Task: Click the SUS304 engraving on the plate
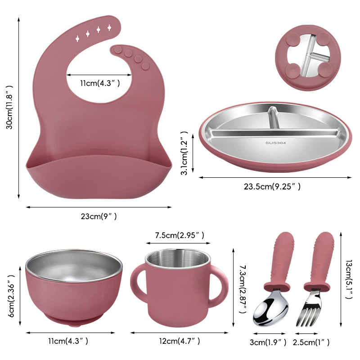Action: point(275,143)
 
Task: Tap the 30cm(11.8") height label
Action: point(9,108)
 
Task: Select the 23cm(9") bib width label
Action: point(99,216)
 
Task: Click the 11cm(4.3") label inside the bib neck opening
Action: point(100,83)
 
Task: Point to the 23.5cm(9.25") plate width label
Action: point(272,186)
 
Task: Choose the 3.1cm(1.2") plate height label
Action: point(184,153)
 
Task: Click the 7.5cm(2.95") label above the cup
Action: point(180,235)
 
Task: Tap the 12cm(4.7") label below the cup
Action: point(180,341)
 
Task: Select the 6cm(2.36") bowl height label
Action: point(11,296)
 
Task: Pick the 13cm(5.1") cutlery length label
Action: point(349,279)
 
